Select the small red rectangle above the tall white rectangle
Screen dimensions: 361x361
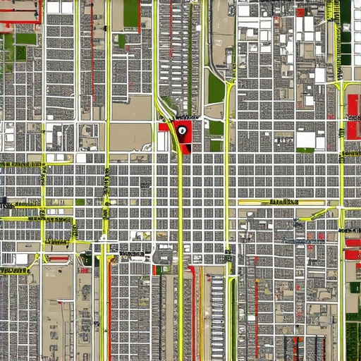tap(163, 127)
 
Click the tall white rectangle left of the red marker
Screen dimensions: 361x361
tap(163, 141)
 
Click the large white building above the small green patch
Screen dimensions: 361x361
tap(305, 139)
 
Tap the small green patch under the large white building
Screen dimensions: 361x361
tap(306, 150)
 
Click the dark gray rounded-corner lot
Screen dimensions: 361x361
tap(164, 255)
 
